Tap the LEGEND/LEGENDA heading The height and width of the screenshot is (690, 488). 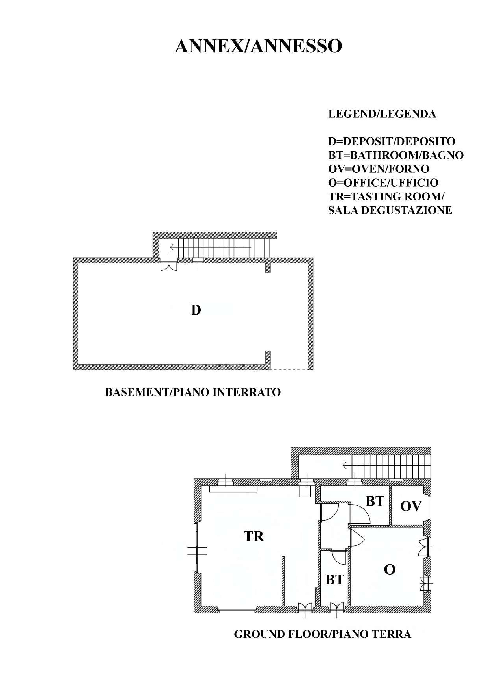click(382, 114)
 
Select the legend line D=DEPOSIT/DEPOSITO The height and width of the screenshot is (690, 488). click(392, 141)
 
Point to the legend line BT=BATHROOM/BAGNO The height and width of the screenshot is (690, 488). click(396, 155)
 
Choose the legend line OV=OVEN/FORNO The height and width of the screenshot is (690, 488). click(379, 169)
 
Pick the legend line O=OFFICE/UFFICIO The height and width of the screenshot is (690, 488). click(383, 183)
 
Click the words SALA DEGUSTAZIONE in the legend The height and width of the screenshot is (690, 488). click(390, 210)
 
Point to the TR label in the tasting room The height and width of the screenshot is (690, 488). click(254, 536)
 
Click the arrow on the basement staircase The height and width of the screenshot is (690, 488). click(210, 247)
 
